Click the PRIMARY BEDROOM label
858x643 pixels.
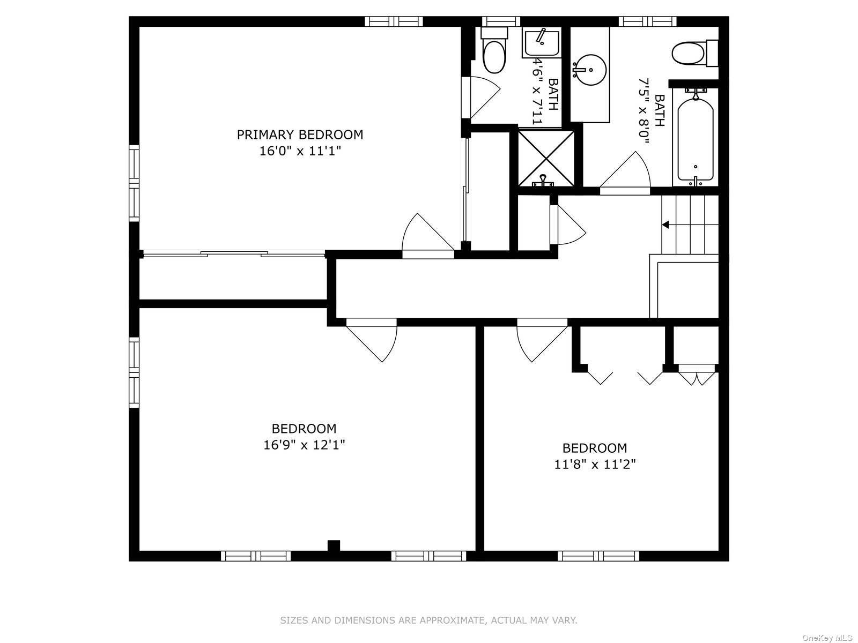300,134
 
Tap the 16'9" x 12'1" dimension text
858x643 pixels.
304,445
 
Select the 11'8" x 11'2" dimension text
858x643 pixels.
595,464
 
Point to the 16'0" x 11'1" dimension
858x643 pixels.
300,151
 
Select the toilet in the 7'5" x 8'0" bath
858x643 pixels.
694,53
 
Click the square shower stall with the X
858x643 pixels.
546,158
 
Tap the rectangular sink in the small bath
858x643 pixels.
542,42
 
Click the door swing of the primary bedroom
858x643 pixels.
428,235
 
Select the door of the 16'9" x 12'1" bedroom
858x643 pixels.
371,340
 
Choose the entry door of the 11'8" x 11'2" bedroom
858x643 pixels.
542,340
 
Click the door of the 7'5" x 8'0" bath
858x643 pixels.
625,173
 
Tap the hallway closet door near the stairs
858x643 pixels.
567,225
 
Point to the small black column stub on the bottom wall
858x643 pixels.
334,545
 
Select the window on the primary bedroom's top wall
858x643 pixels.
394,21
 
